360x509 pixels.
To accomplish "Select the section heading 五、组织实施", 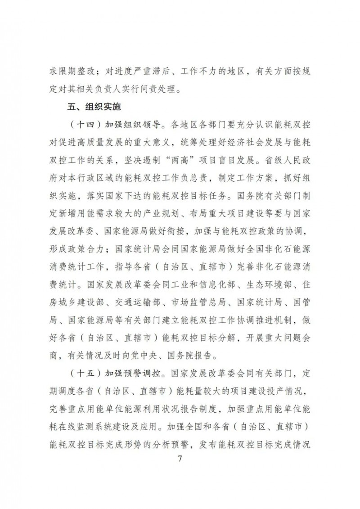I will pos(93,108).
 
